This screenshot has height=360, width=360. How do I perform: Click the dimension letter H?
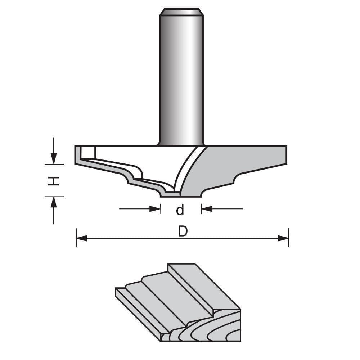coord(54,181)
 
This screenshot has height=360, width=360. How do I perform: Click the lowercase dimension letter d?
coord(180,210)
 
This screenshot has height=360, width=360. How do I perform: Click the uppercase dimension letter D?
coord(183,231)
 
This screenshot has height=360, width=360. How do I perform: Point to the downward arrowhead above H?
coord(54,158)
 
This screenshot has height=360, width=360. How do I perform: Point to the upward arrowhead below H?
coord(54,202)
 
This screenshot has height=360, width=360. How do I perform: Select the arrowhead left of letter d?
coord(156,208)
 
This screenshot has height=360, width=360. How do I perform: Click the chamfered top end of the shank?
coord(181,12)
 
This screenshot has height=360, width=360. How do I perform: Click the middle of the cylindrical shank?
coord(181,79)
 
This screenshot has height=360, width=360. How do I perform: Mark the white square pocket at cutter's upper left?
coord(88,153)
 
